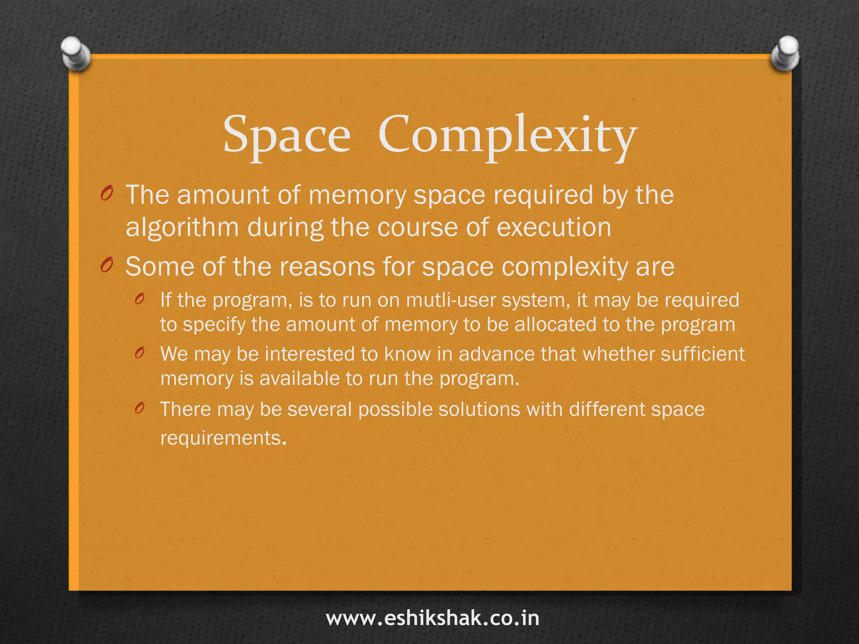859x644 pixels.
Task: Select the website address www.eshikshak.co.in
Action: (x=432, y=618)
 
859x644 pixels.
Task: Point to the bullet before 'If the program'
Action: (x=140, y=299)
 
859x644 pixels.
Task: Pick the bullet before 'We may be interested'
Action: (x=140, y=353)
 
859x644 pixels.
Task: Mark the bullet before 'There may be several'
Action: (x=140, y=408)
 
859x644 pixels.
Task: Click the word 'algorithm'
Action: (x=182, y=228)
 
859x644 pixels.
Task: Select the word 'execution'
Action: (x=554, y=228)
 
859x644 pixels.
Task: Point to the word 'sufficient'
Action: (x=703, y=354)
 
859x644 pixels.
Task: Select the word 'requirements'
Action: (x=221, y=439)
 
